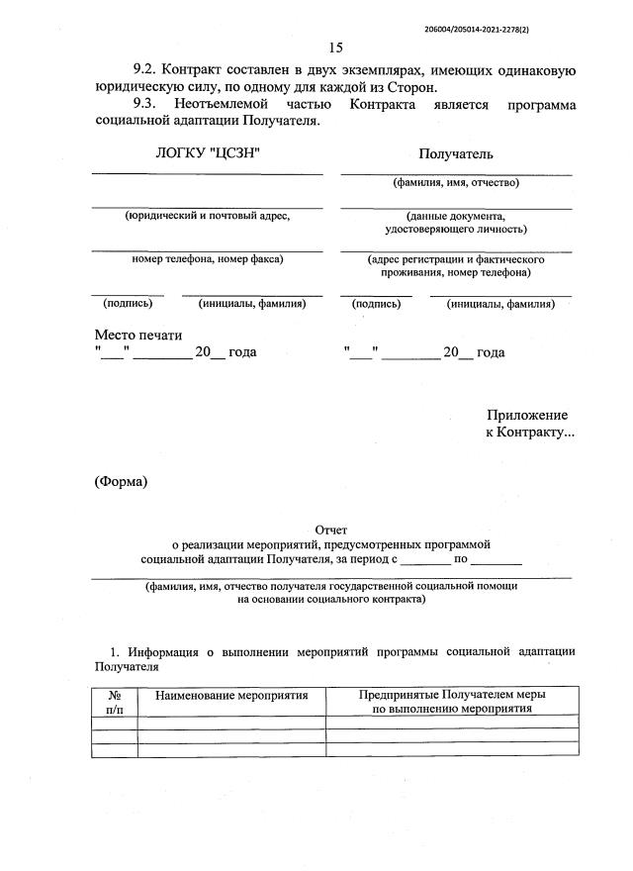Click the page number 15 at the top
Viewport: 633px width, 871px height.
(x=334, y=47)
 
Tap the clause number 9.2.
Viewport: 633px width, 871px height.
(x=145, y=70)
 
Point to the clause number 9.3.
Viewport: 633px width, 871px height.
(x=145, y=104)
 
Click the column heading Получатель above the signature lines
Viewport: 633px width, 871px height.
(x=455, y=153)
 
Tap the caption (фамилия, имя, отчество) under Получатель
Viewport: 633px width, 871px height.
(x=456, y=182)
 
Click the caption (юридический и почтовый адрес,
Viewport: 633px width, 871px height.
(x=207, y=215)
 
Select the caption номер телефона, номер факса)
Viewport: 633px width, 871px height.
(x=207, y=258)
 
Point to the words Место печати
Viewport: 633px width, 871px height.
(x=138, y=336)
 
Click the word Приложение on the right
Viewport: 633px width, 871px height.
(x=526, y=416)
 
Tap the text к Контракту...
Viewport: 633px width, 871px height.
(x=528, y=434)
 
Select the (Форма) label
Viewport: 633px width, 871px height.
(x=121, y=482)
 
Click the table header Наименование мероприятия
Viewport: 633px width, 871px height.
(x=231, y=696)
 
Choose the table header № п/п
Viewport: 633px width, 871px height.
(x=114, y=702)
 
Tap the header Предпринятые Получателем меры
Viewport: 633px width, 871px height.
(x=452, y=695)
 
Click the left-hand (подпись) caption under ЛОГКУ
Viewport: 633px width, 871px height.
(x=128, y=304)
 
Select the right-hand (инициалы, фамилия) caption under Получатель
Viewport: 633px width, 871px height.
(x=500, y=304)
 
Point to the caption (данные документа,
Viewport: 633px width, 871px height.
(x=456, y=215)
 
